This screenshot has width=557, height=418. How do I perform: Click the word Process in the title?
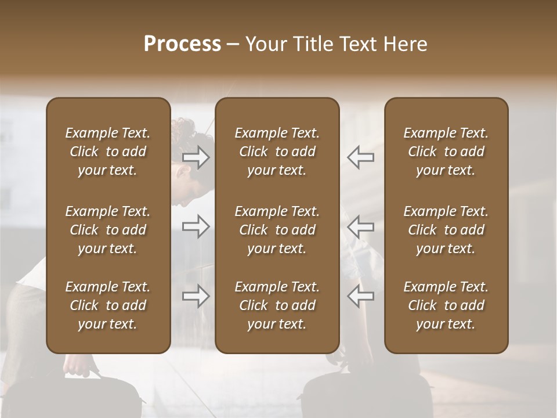(x=182, y=44)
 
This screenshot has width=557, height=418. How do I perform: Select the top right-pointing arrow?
(x=196, y=158)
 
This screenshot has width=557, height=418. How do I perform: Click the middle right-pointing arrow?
(x=196, y=226)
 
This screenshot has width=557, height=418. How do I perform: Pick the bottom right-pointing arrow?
(x=196, y=297)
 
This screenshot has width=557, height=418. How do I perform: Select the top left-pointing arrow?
(x=360, y=157)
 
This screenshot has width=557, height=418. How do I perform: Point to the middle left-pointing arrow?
(x=360, y=226)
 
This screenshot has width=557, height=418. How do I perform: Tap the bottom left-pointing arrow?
(x=360, y=297)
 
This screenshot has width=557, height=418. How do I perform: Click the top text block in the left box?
(x=108, y=152)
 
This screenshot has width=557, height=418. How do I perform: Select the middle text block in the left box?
(x=108, y=230)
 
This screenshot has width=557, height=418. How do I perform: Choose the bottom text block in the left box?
(x=108, y=305)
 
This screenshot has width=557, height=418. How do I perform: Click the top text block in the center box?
(x=277, y=152)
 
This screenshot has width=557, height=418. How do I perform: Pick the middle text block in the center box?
(x=277, y=230)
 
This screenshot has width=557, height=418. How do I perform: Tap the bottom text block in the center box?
(x=277, y=305)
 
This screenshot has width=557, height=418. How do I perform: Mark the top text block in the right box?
(x=446, y=152)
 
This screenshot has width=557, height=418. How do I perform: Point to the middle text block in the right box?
(x=446, y=230)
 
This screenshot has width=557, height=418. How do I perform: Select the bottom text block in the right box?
(x=446, y=305)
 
